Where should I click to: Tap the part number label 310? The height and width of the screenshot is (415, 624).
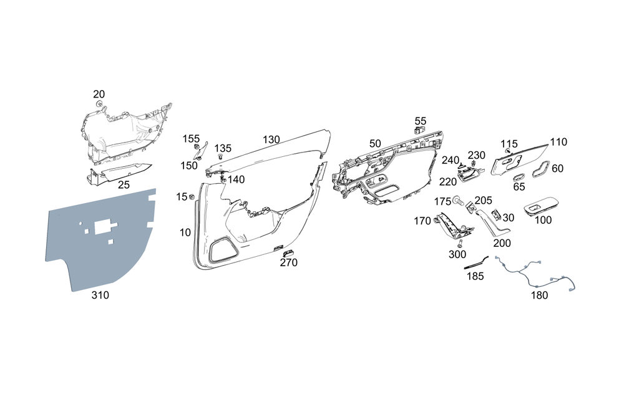(100, 295)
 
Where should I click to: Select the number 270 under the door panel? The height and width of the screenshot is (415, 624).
(288, 262)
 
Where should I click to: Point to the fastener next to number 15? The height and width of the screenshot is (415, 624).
(192, 197)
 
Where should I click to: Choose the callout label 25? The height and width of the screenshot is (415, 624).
(124, 185)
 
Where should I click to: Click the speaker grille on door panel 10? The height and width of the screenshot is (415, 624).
(223, 250)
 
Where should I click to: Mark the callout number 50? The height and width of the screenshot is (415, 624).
(375, 144)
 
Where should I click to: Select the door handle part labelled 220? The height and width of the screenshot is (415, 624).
(468, 175)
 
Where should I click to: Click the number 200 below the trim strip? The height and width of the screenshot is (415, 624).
(502, 242)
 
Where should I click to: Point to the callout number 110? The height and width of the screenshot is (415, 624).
(558, 142)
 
